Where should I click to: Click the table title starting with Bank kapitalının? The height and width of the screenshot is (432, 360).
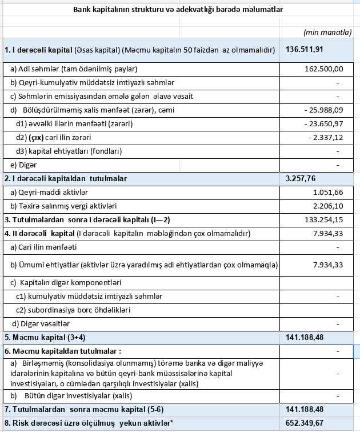[178, 10]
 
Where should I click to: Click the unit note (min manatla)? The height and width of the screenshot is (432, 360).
[327, 33]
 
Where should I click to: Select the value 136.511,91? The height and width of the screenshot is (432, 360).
[305, 50]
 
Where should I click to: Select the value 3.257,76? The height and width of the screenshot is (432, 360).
[301, 179]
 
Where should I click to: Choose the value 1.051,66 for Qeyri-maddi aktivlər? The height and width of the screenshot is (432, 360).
[328, 193]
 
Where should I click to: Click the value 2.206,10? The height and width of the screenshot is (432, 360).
[328, 206]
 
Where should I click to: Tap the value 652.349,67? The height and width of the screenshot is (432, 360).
[305, 423]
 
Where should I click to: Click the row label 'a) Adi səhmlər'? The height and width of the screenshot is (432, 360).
[74, 69]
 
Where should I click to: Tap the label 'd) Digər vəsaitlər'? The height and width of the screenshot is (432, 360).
[45, 324]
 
